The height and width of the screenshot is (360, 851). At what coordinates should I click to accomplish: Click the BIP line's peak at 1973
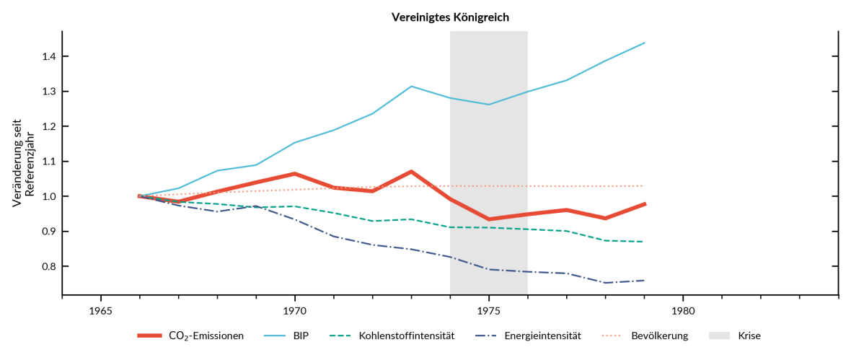tap(411, 87)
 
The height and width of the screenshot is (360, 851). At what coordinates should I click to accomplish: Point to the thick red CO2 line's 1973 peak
tap(411, 172)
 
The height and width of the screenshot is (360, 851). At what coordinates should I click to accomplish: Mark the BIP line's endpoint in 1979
tap(644, 43)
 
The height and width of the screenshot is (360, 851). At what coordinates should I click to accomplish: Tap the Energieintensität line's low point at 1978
tap(605, 283)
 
